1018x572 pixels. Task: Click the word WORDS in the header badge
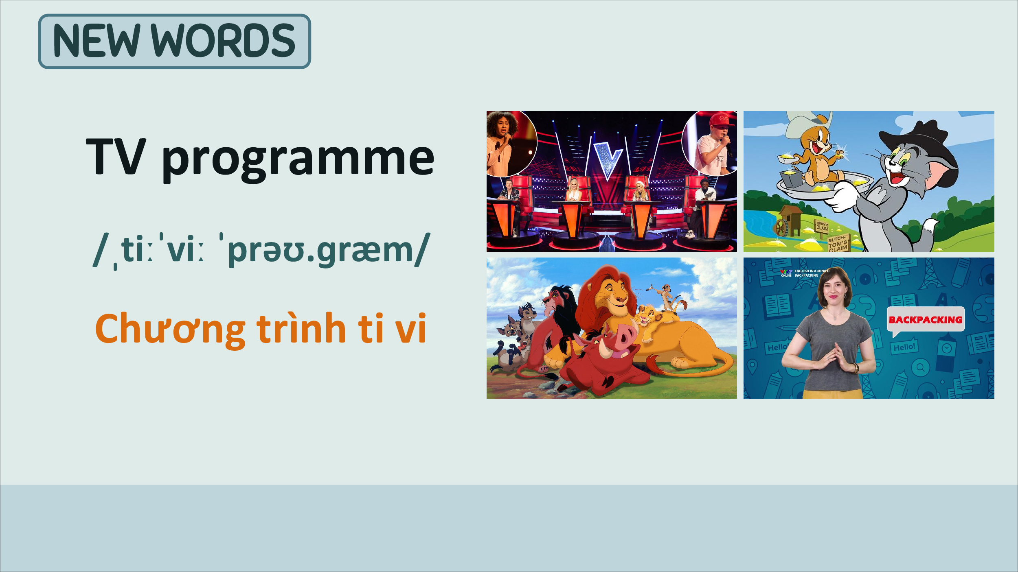click(223, 41)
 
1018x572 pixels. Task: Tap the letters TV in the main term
click(116, 156)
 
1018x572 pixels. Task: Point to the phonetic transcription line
click(261, 250)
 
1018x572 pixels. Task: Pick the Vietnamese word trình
click(301, 328)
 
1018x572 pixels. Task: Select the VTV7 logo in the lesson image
click(786, 273)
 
